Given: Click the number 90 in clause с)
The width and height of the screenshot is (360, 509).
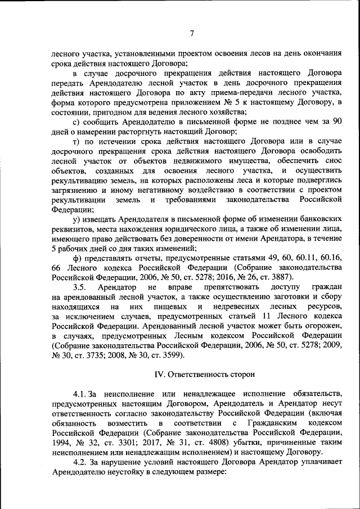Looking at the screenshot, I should pyautogui.click(x=336, y=121).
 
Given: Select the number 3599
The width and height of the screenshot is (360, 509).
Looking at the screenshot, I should pyautogui.click(x=167, y=355).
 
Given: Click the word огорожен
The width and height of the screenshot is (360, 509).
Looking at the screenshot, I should pyautogui.click(x=323, y=326).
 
